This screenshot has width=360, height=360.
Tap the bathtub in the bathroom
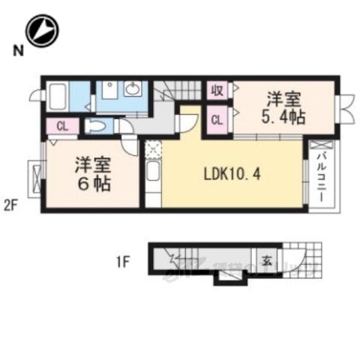[x=59, y=97]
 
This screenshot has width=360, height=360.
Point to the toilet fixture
[x=95, y=126]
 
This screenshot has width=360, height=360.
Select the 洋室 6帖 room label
[x=92, y=173]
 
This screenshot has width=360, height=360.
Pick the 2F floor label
[x=10, y=202]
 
